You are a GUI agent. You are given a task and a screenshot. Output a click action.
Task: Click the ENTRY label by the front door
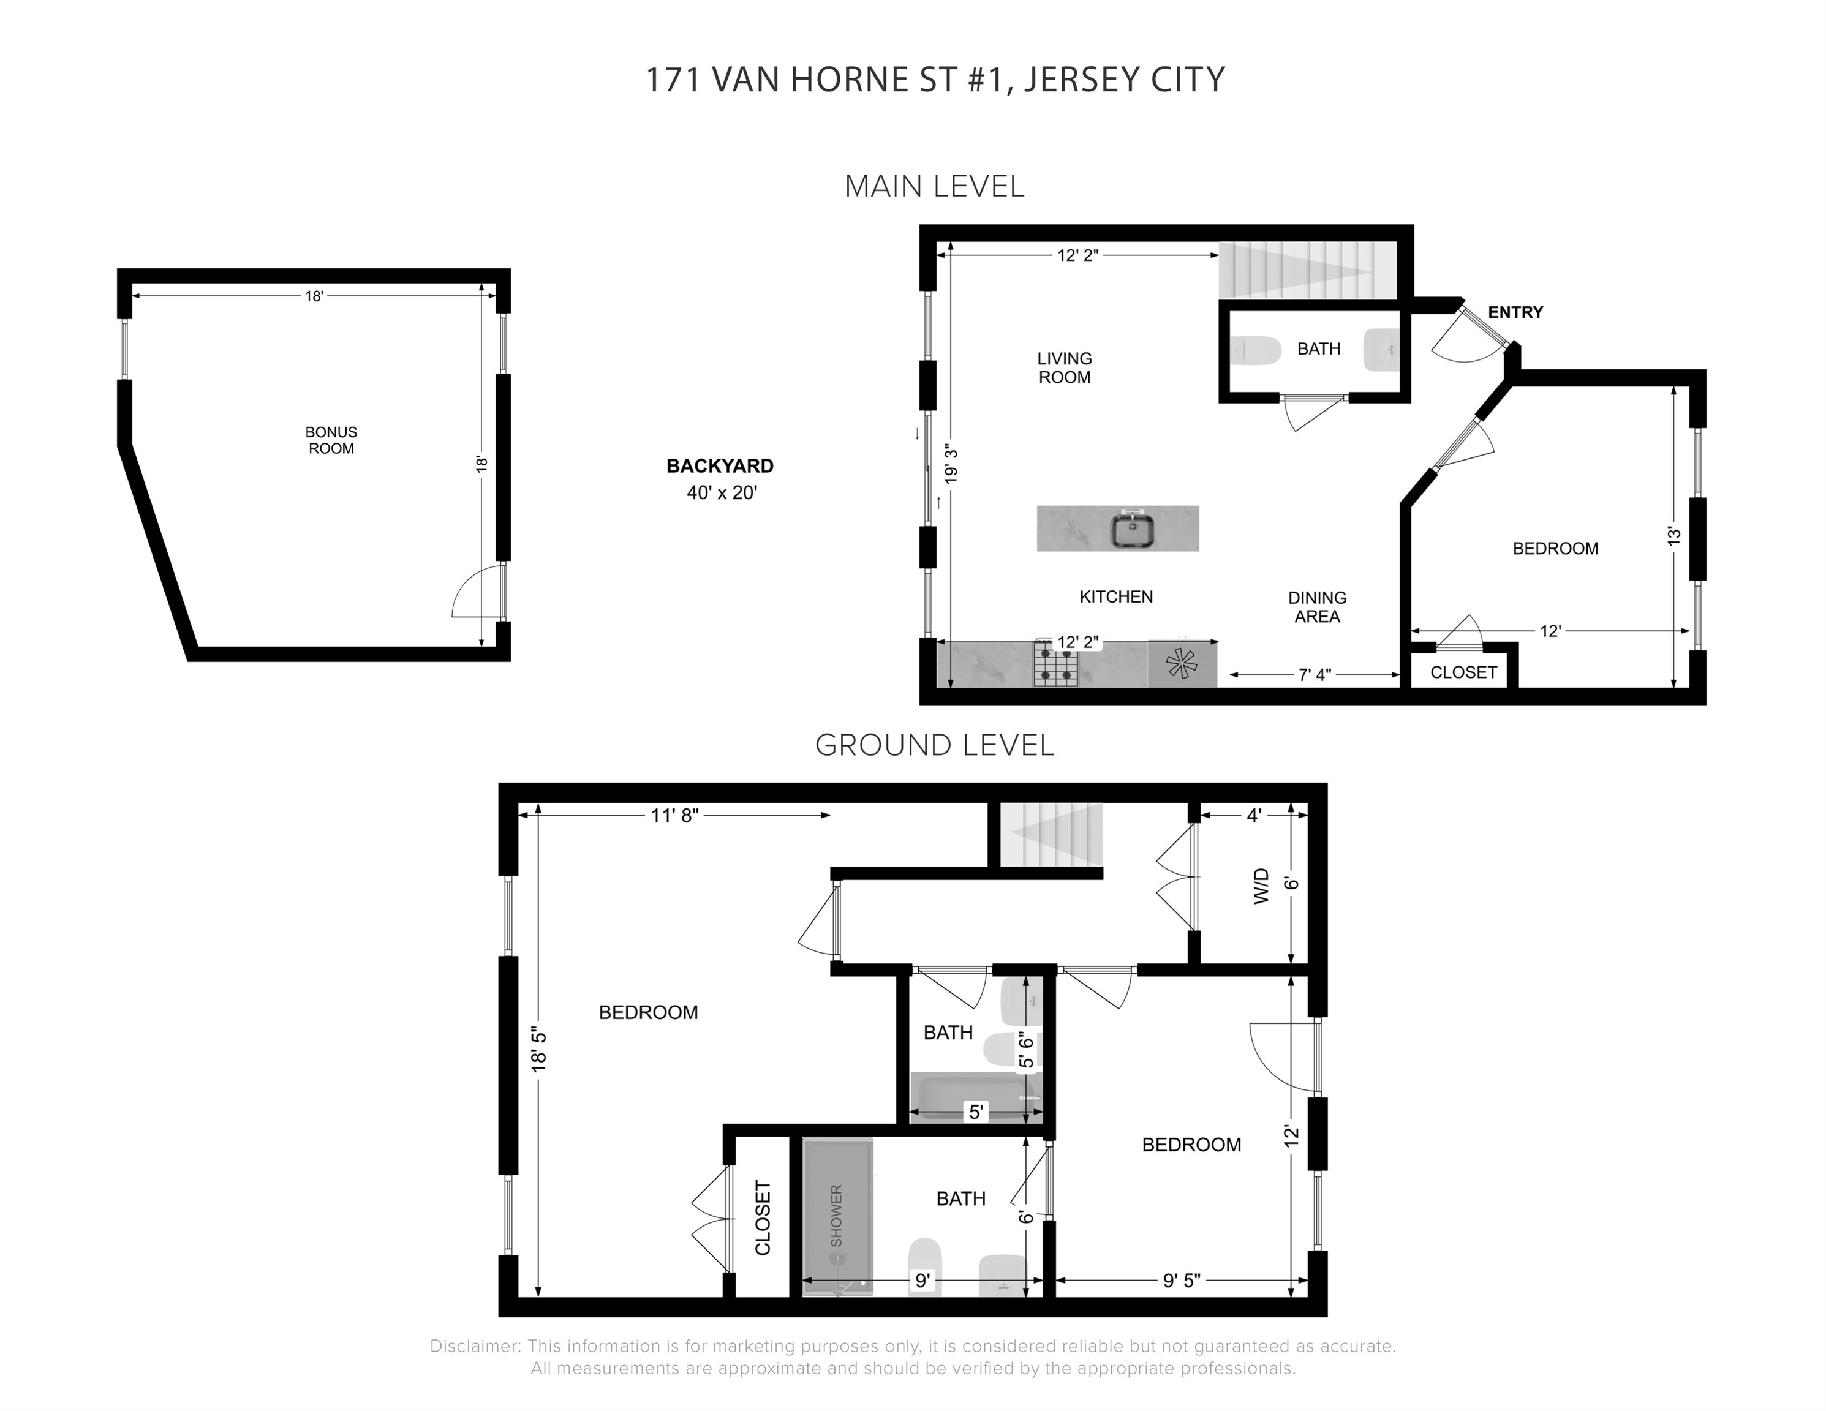1515,312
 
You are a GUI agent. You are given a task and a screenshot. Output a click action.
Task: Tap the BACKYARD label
720,467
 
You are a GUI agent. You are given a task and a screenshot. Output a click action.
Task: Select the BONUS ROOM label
331,440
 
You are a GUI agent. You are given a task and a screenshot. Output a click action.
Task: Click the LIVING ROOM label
1065,368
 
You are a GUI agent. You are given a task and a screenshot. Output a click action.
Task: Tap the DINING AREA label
1317,607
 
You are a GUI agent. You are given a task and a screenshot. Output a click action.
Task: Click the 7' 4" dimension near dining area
1315,674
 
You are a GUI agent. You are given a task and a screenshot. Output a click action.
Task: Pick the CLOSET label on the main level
1463,672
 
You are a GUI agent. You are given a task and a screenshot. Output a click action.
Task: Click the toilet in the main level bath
1256,351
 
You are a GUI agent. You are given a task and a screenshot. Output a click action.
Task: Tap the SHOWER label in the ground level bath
837,1216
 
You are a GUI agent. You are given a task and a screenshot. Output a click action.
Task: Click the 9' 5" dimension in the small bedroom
1182,1280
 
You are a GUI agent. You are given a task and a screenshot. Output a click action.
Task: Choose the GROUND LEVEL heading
935,745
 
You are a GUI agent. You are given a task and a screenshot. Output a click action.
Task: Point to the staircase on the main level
1308,270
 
